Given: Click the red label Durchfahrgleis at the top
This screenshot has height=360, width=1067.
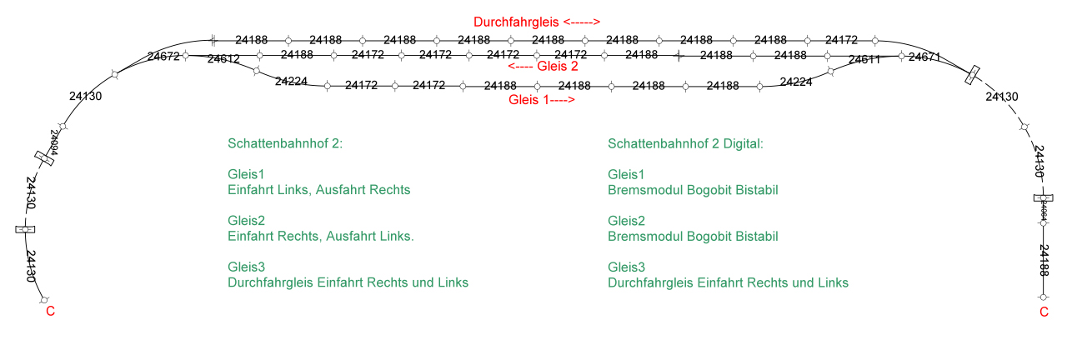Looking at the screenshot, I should pyautogui.click(x=537, y=22).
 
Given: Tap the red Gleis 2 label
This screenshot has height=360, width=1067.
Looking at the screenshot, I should pyautogui.click(x=543, y=67).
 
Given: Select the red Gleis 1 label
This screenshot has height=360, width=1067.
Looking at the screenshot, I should pyautogui.click(x=542, y=99).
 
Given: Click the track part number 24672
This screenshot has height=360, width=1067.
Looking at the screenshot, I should pyautogui.click(x=163, y=57).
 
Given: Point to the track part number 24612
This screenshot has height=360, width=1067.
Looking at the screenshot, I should pyautogui.click(x=223, y=59).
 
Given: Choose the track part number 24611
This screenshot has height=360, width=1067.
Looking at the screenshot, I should pyautogui.click(x=864, y=60).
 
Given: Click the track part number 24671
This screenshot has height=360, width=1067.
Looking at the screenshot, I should pyautogui.click(x=924, y=57).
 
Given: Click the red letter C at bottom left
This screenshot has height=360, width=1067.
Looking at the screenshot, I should pyautogui.click(x=50, y=312).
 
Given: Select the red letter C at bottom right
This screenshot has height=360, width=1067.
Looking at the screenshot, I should pyautogui.click(x=1043, y=312).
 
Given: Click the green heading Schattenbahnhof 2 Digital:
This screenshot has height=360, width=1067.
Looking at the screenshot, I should pyautogui.click(x=685, y=143).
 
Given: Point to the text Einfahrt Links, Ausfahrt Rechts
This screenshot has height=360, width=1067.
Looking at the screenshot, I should pyautogui.click(x=318, y=189).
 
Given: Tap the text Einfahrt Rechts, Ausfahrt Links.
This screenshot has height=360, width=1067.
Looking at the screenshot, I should pyautogui.click(x=320, y=236).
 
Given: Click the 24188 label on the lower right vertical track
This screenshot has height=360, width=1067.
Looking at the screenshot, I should pyautogui.click(x=1044, y=260).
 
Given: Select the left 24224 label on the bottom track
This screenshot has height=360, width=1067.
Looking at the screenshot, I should pyautogui.click(x=291, y=81).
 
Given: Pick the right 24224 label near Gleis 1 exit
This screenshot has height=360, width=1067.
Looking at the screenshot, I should pyautogui.click(x=796, y=81).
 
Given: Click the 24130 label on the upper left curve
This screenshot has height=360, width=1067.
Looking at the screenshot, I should pyautogui.click(x=85, y=97).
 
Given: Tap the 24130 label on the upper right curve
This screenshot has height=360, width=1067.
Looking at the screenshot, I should pyautogui.click(x=1001, y=97).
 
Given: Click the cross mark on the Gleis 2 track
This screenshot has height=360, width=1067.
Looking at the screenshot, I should pyautogui.click(x=679, y=56).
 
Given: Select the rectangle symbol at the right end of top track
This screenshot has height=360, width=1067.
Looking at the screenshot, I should pyautogui.click(x=972, y=75).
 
